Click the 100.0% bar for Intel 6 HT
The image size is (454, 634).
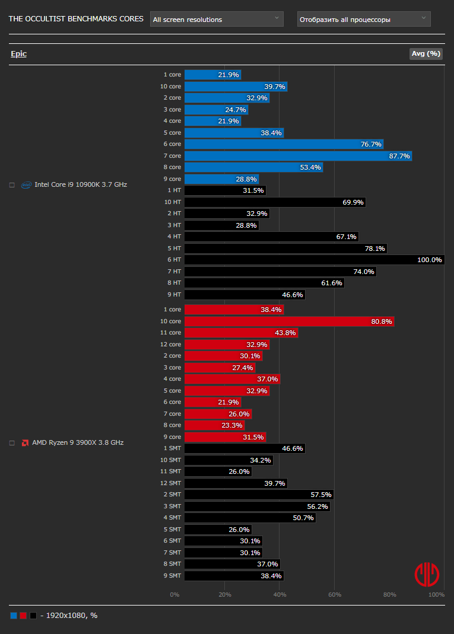coord(314,260)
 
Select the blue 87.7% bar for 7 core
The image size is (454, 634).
coord(298,156)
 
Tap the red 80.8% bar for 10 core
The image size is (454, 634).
coord(289,321)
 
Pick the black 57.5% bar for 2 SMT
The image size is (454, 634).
coord(259,495)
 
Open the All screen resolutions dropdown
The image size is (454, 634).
coord(217,19)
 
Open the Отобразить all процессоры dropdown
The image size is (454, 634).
coord(364,19)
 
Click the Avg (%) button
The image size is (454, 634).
coord(426,54)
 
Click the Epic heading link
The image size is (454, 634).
coord(18,54)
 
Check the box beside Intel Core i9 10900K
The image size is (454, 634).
coord(12,185)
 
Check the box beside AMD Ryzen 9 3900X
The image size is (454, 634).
coord(12,442)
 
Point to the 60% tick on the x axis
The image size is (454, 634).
coord(335,594)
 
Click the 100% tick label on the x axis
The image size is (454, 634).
coord(436,594)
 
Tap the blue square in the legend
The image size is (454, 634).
coord(14,616)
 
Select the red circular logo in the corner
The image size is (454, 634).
coord(427,574)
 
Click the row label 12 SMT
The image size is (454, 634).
coord(171,483)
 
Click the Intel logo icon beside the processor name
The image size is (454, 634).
coord(26,185)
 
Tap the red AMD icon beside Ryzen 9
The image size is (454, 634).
coord(26,442)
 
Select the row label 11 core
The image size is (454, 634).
coord(171,333)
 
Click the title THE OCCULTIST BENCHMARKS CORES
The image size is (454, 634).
coord(76,19)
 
